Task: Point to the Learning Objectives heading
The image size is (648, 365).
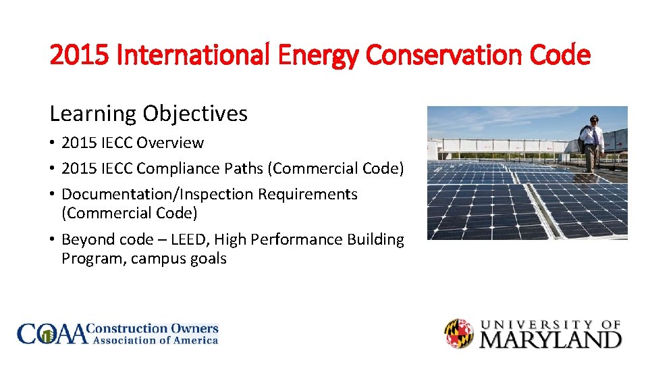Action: pos(148,114)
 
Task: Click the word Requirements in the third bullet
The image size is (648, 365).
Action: pos(309,194)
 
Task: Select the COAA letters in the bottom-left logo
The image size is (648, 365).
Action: pos(53,334)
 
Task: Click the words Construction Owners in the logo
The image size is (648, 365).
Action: pos(154,328)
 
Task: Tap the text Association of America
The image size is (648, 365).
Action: pos(155,341)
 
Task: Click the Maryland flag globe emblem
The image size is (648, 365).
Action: pos(459,333)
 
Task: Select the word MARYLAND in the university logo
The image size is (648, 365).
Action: pos(549,339)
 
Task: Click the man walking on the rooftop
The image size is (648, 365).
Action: pos(591,143)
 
